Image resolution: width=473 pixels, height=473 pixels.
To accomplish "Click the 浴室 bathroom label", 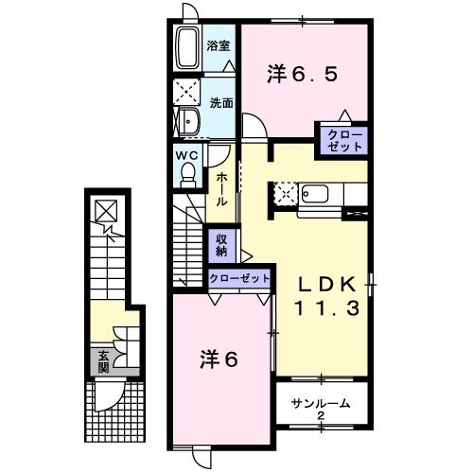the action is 219,46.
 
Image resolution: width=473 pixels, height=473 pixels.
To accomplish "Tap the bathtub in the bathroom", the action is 187,47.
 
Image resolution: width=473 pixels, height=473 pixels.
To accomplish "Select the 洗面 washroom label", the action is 221,103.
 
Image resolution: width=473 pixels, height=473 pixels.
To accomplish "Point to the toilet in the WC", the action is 188,174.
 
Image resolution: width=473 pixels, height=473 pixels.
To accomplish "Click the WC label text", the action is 186,155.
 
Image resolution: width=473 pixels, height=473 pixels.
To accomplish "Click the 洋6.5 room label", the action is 302,75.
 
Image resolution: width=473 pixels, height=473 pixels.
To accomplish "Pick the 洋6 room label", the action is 219,359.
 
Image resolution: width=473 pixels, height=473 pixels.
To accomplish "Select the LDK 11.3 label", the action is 327,296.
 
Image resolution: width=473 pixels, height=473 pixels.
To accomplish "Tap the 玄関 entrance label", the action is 103,361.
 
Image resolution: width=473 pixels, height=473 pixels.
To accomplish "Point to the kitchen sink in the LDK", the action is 315,195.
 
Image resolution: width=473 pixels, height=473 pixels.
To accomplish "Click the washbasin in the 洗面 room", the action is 189,122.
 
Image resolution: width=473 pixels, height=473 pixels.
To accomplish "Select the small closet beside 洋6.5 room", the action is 343,141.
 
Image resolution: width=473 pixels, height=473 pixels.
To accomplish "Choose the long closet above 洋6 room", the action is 239,278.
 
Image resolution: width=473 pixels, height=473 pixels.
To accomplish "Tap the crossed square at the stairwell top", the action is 106,211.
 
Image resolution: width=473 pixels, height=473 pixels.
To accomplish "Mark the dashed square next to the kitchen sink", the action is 286,194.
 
